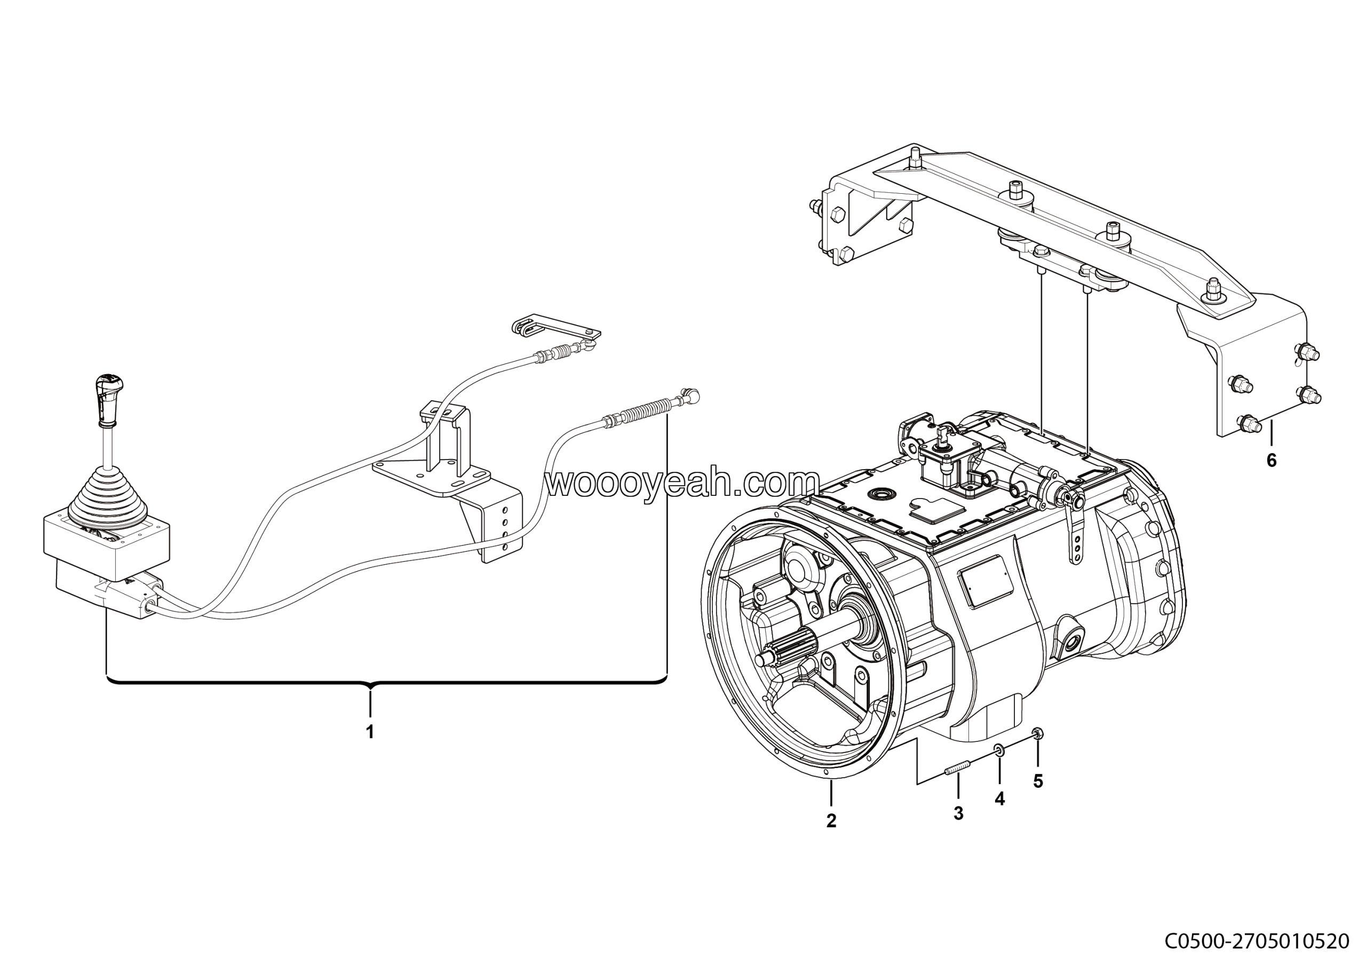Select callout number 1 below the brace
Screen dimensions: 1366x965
[370, 731]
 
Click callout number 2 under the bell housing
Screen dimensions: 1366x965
[831, 820]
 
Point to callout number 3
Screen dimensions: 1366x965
[958, 813]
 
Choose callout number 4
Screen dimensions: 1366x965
[999, 799]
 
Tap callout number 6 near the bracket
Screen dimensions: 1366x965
[1272, 460]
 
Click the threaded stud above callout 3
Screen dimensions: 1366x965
[957, 769]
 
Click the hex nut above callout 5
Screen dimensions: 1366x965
[1037, 732]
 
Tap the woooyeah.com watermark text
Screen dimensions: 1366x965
[683, 482]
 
